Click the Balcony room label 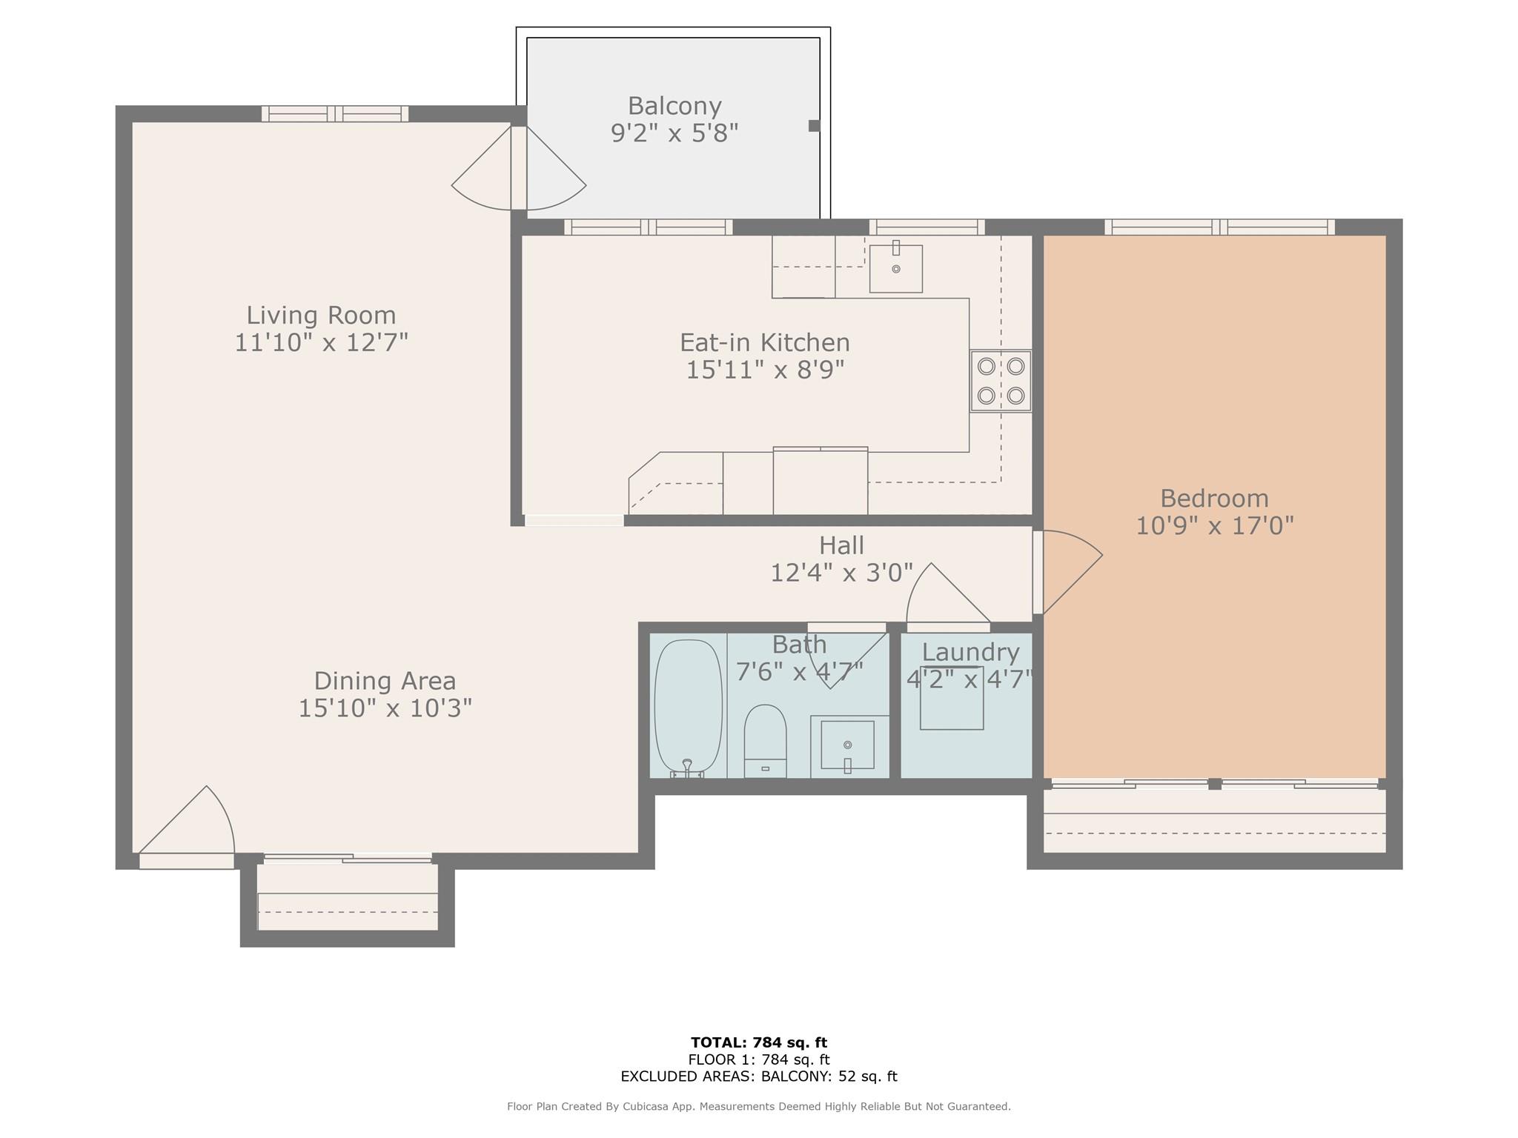pyautogui.click(x=675, y=106)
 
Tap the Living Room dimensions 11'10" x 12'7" pyautogui.click(x=322, y=342)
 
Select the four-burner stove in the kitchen pyautogui.click(x=1001, y=381)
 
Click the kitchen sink pyautogui.click(x=896, y=268)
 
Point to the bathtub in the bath pyautogui.click(x=688, y=708)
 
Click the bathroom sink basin pyautogui.click(x=847, y=745)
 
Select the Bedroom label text pyautogui.click(x=1214, y=498)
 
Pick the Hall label pyautogui.click(x=841, y=545)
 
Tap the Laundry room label pyautogui.click(x=970, y=652)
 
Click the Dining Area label pyautogui.click(x=385, y=680)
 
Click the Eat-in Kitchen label pyautogui.click(x=765, y=342)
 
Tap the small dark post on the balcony pyautogui.click(x=814, y=126)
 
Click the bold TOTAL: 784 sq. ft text pyautogui.click(x=759, y=1042)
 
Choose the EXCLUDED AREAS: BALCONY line pyautogui.click(x=759, y=1077)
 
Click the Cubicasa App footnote pyautogui.click(x=759, y=1106)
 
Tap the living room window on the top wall pyautogui.click(x=335, y=113)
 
